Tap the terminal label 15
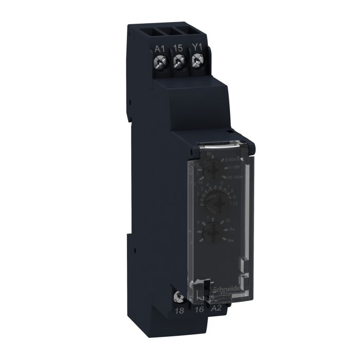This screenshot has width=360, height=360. pos(178,48)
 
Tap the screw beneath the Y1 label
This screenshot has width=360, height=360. pos(195,62)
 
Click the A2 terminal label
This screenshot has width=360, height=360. pos(217,309)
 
